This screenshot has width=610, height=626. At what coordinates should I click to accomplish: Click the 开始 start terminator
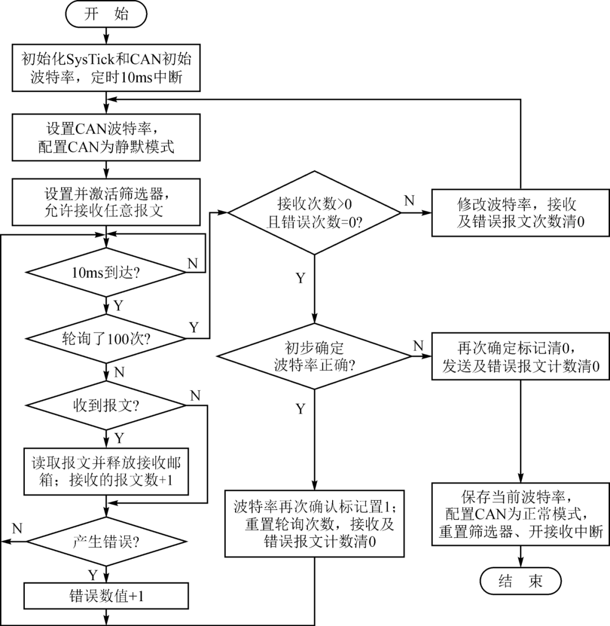(106, 15)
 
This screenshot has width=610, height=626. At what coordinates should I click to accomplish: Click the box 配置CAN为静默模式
(106, 138)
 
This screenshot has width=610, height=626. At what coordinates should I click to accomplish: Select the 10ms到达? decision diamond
(106, 272)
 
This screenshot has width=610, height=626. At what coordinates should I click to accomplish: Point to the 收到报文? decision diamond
(106, 405)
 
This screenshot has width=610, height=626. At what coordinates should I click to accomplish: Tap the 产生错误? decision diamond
(106, 541)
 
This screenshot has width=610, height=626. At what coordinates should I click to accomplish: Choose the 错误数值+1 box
(106, 596)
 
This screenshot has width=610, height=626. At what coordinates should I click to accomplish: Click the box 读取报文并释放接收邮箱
(106, 472)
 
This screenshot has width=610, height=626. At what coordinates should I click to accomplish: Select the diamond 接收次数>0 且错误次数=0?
(314, 212)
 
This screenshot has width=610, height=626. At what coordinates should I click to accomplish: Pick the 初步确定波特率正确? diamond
(315, 356)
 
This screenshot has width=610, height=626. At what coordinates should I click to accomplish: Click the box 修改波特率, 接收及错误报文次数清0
(520, 212)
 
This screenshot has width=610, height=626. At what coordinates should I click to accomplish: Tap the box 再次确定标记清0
(520, 356)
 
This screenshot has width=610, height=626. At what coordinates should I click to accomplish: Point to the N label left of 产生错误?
(17, 528)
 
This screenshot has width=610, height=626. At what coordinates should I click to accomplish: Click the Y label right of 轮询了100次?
(194, 327)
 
